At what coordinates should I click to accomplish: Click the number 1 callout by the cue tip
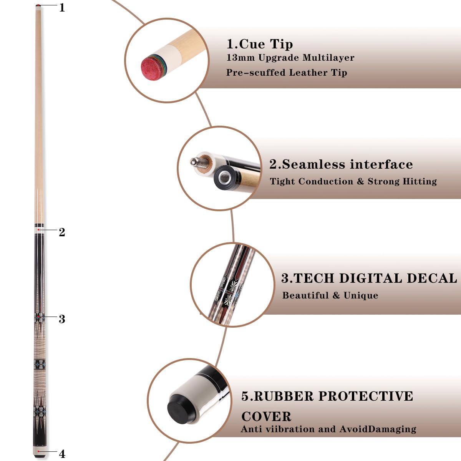62,7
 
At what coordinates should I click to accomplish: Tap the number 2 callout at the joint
62,232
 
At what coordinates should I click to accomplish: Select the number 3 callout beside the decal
62,319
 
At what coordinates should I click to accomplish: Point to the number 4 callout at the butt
62,454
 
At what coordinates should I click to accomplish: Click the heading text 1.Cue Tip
260,44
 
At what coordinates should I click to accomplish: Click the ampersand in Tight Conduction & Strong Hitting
360,181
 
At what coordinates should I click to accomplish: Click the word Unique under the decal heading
361,295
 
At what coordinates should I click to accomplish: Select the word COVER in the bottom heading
266,416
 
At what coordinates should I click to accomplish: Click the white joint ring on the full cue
39,230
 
